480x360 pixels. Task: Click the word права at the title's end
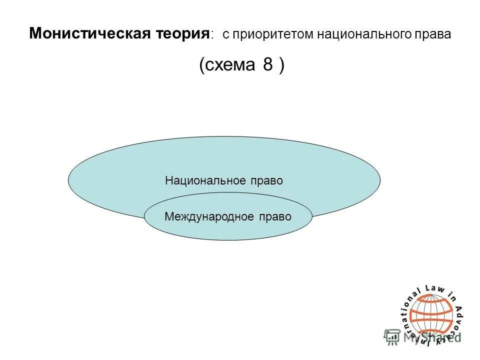434,35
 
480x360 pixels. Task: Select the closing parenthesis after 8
282,65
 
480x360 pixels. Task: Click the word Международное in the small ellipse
210,216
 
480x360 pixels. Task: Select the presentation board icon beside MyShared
391,337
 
